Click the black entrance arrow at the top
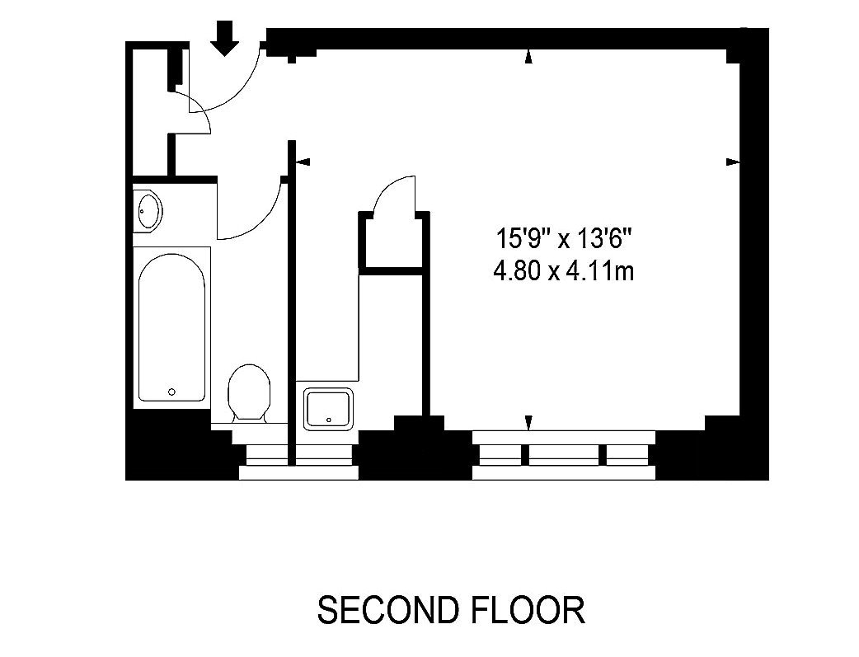tap(224, 38)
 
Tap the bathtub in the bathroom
tap(171, 330)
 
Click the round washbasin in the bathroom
tap(149, 210)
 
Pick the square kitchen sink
tap(330, 408)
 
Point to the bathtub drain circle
tap(171, 392)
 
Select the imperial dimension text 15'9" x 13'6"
tap(563, 241)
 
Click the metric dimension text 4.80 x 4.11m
tap(563, 270)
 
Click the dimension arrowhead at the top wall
tap(528, 56)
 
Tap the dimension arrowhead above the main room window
tap(528, 423)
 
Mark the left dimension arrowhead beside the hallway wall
tap(302, 162)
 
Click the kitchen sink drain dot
tap(328, 420)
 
